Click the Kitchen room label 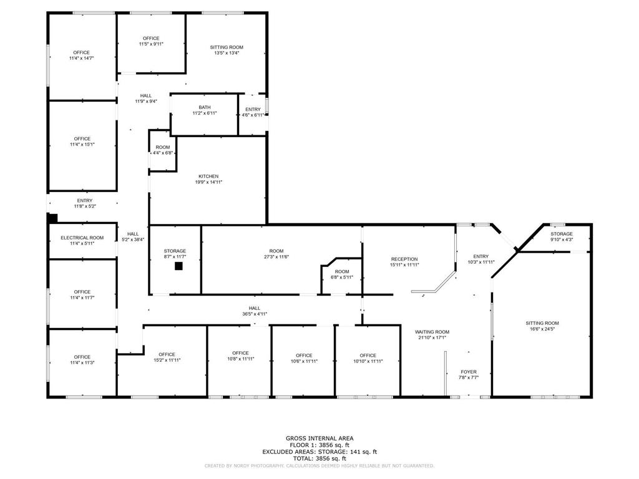(x=208, y=177)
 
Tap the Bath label (x=205, y=107)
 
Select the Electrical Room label (x=82, y=238)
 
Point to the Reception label (x=404, y=259)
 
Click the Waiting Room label (x=432, y=332)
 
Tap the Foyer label (x=469, y=372)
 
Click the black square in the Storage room (x=178, y=266)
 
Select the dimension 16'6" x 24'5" (x=542, y=329)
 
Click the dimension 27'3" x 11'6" (x=276, y=257)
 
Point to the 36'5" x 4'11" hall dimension (x=255, y=314)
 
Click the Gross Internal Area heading (x=319, y=438)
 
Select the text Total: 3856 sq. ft (x=319, y=458)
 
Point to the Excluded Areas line (x=319, y=452)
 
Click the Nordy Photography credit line (x=319, y=465)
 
